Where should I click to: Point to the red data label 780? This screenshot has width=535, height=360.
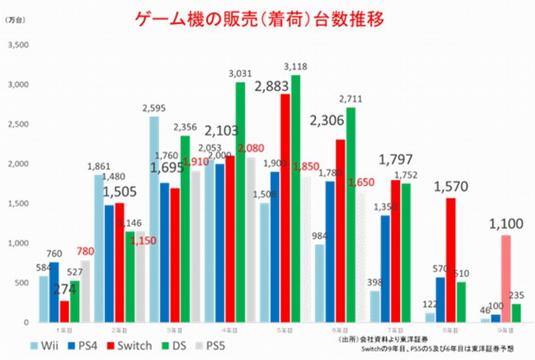(x=86, y=252)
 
